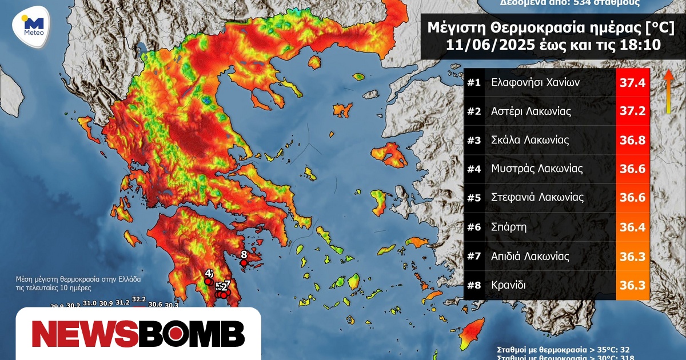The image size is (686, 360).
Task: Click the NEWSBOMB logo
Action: pos(139,334)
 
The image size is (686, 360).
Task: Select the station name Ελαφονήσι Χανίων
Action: pos(536,82)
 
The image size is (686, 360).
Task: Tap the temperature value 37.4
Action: pos(633,83)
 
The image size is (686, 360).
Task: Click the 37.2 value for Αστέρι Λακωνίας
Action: pos(633,111)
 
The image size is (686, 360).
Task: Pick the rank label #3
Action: pos(474,140)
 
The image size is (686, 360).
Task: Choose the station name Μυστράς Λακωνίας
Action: pos(537,169)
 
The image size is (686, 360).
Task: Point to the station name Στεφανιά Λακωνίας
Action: pos(537,198)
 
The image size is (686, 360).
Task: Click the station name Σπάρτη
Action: pos(509,227)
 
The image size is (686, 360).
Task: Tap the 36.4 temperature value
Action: pos(633,227)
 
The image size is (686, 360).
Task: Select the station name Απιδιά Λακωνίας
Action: pos(530,256)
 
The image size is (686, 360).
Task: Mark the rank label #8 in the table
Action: pos(474,285)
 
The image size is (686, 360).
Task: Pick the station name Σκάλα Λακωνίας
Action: pos(531,140)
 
